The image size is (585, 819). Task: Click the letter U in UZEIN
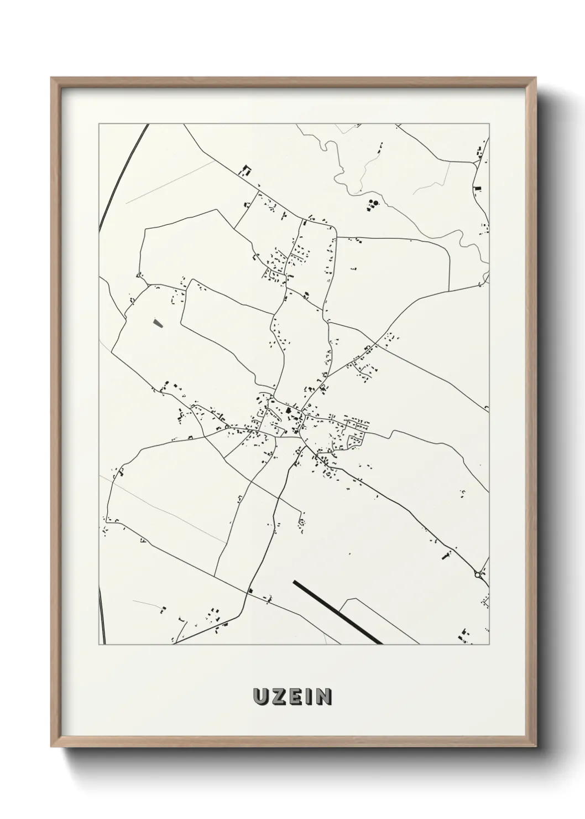tap(261, 697)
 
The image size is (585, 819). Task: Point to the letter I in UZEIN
tap(309, 697)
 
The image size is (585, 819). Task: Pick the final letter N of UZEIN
tap(323, 697)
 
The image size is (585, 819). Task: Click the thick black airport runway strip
tap(337, 612)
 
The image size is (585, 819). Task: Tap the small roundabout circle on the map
tap(477, 576)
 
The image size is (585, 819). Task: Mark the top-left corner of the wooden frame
tap(52, 78)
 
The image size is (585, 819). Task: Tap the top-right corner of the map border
tap(489, 124)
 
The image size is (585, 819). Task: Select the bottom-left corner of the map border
tap(98, 645)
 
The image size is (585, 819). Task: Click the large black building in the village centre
tap(288, 410)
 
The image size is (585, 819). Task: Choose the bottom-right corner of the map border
tap(489, 645)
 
